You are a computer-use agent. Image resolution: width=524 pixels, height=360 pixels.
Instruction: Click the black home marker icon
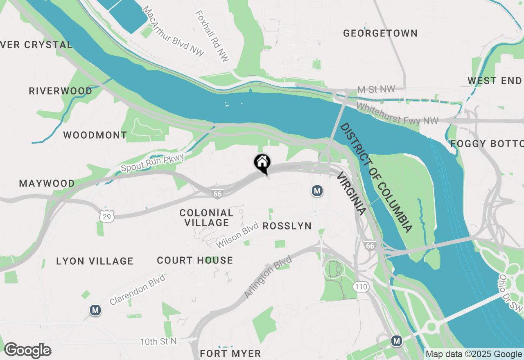pos(262,162)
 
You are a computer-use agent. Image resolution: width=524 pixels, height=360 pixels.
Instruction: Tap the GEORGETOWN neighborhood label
pos(380,33)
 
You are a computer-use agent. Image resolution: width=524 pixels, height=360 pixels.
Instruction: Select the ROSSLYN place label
pos(287,226)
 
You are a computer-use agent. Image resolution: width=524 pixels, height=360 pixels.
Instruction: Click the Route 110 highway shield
pos(361,286)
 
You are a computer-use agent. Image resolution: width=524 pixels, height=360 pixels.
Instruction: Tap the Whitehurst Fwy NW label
pos(397,114)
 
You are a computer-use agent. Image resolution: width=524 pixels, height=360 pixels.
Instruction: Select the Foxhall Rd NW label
pos(212,36)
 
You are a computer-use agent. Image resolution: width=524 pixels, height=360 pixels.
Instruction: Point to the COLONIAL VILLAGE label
pos(206,218)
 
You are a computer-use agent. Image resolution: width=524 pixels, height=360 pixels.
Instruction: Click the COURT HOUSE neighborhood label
pos(195,260)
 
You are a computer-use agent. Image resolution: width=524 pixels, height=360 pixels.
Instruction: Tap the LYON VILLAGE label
pos(95,261)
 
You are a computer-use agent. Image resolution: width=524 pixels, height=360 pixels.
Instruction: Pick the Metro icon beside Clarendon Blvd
pos(95,310)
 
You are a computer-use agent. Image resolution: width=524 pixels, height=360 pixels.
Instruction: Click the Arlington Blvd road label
pos(268,277)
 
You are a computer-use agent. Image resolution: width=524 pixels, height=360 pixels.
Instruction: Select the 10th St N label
pos(158,341)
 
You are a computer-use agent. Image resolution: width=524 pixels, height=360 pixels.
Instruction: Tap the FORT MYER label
pos(230,353)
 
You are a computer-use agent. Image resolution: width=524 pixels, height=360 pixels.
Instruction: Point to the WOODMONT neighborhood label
pos(95,135)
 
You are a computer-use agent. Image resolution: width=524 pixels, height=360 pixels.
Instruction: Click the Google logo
pos(27,351)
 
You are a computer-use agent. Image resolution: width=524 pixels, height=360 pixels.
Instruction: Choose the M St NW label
pos(376,89)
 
